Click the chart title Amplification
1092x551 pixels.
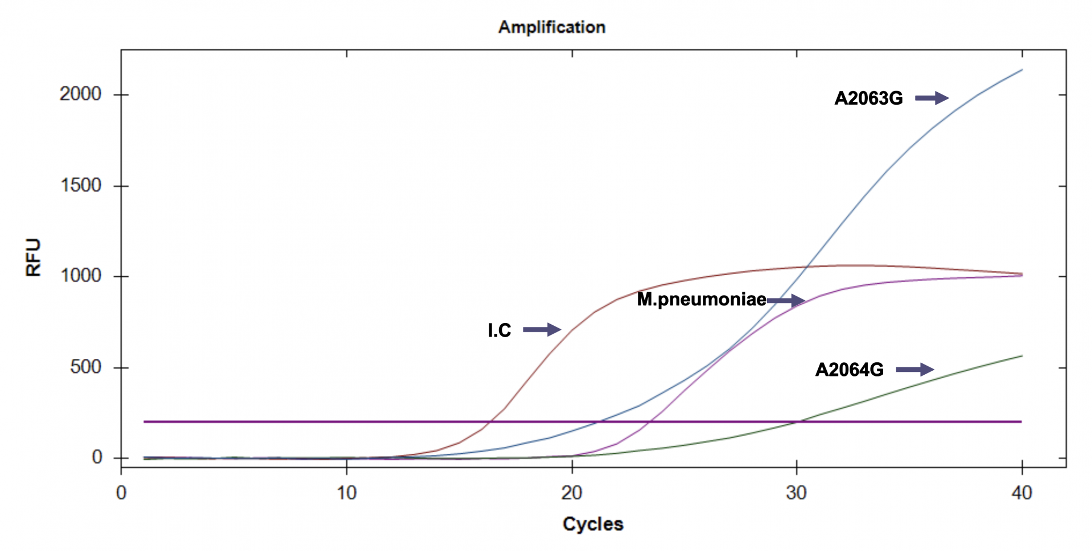(551, 27)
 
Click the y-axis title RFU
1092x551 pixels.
(34, 258)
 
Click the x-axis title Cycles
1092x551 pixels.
(592, 524)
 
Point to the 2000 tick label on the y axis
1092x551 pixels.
(80, 94)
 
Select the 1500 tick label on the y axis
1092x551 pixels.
(80, 185)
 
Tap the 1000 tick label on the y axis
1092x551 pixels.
(80, 276)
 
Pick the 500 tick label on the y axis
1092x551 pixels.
(85, 367)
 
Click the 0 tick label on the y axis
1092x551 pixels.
(97, 457)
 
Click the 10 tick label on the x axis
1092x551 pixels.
(347, 492)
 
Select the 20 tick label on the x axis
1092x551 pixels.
(571, 492)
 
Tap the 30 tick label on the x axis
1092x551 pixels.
(796, 492)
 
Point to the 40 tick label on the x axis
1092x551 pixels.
(1021, 492)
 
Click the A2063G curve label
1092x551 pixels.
(868, 98)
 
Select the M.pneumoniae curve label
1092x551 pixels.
(701, 299)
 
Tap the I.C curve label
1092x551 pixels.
(499, 330)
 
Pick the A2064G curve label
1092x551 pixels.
(849, 370)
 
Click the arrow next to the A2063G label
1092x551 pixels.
(932, 98)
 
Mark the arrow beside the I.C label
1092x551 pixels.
(541, 329)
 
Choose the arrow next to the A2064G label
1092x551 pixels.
(914, 370)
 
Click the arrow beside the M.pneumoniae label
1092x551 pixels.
(786, 300)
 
